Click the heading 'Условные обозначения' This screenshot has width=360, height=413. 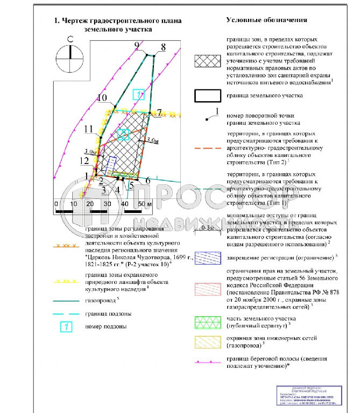266,20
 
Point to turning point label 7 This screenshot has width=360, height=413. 159,112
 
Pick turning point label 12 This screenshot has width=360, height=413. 83,160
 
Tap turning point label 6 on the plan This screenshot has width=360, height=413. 147,181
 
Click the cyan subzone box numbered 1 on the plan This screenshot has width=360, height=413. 139,95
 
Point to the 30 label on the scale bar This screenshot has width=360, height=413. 107,204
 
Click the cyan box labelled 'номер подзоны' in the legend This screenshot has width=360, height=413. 66,326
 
